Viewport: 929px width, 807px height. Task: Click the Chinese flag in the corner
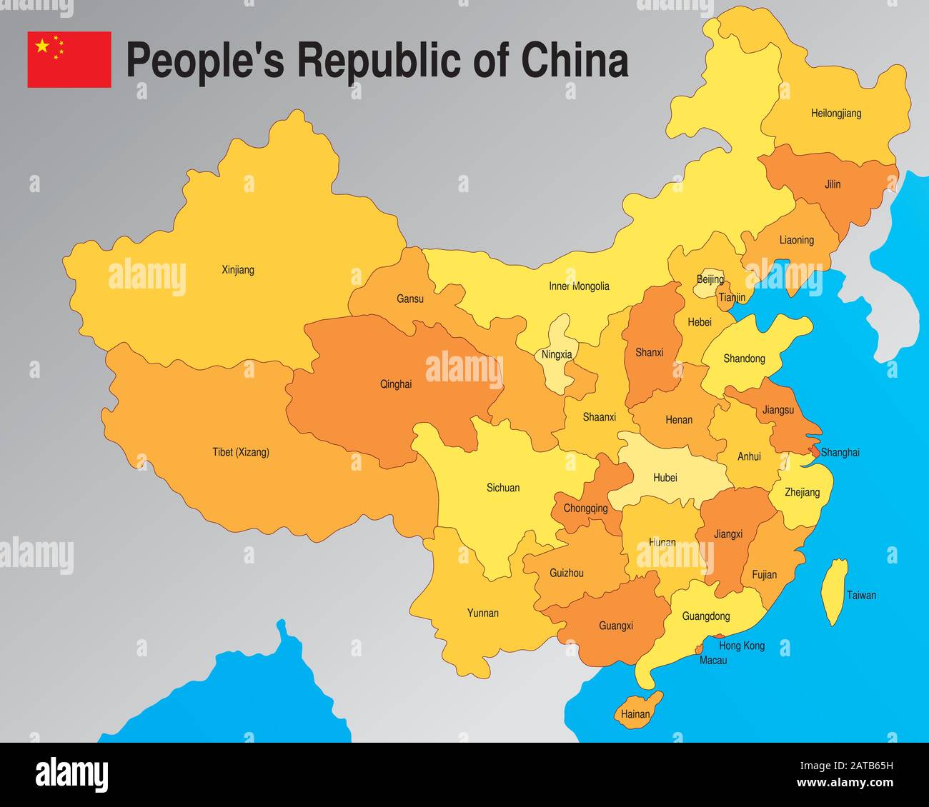69,59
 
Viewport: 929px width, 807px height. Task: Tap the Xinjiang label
238,270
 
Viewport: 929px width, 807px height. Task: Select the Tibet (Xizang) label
241,452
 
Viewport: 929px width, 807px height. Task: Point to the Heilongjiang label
836,113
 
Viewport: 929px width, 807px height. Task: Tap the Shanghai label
840,452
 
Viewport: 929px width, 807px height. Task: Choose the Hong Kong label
742,646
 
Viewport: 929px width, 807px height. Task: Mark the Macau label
713,661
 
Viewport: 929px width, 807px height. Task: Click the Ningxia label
557,354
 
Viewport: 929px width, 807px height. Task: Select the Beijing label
710,279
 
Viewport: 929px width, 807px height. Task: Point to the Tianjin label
732,297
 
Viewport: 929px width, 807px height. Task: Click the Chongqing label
585,508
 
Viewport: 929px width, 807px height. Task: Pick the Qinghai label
396,384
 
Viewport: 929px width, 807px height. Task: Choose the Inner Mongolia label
579,286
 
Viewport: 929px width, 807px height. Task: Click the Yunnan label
483,613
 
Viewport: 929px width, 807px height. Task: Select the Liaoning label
797,240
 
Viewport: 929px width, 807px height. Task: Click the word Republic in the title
379,60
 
